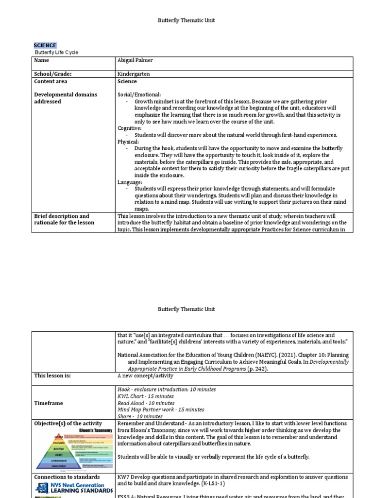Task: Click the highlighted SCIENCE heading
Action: click(45, 45)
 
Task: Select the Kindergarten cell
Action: click(134, 74)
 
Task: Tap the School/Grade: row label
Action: click(53, 74)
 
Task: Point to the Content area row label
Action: click(51, 82)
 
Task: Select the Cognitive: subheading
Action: click(130, 128)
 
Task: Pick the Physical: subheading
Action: click(128, 142)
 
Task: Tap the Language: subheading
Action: click(130, 182)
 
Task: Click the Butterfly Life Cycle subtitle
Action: click(56, 52)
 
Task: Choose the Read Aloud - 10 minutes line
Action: click(146, 403)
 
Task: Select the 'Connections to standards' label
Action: click(67, 477)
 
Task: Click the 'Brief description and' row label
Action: click(62, 216)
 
